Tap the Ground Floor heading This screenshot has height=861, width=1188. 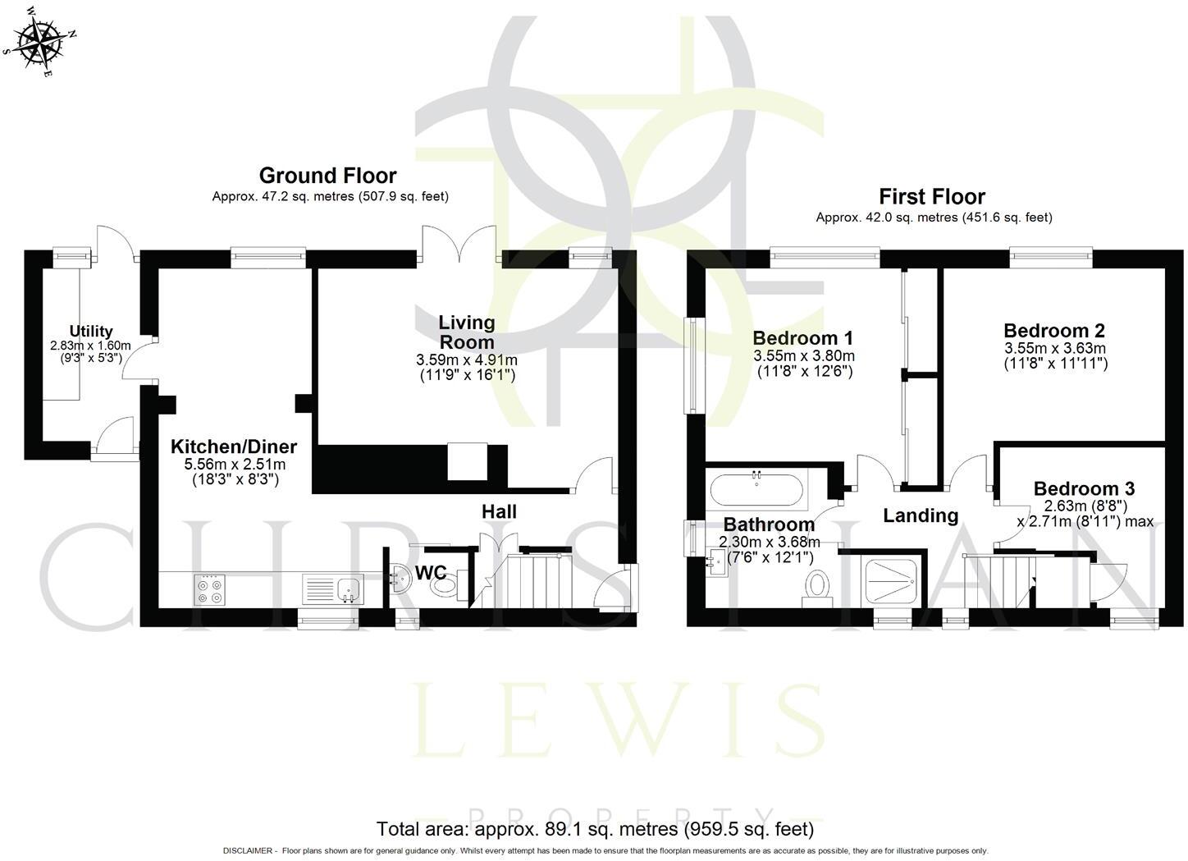tap(327, 176)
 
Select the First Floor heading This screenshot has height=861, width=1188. tap(932, 197)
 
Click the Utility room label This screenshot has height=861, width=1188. tap(90, 332)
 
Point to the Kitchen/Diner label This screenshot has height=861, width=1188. tap(234, 447)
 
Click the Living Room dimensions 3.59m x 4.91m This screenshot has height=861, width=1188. tap(467, 360)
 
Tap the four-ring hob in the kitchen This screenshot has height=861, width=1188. tap(208, 590)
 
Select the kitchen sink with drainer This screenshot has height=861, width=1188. tap(332, 589)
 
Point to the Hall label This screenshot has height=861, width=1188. tap(498, 512)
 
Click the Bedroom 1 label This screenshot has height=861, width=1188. tap(802, 338)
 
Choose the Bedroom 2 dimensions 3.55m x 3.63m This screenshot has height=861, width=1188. tap(1055, 348)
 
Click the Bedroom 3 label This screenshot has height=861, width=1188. tap(1084, 489)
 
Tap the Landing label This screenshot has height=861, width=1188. tap(920, 515)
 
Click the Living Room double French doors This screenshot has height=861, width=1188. tap(459, 246)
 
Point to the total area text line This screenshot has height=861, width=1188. tap(595, 829)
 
